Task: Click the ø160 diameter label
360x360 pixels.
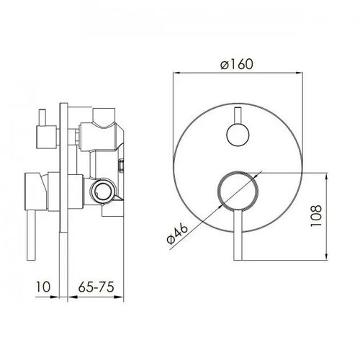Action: coord(237,64)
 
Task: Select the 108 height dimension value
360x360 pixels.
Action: coord(316,216)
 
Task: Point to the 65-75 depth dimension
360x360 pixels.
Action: coord(96,287)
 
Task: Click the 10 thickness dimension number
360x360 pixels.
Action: coord(43,287)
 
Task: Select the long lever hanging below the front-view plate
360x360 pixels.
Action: coord(238,235)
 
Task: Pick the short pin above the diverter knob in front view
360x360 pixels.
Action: coord(238,116)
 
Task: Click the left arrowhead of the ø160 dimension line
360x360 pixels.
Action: coord(176,73)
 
